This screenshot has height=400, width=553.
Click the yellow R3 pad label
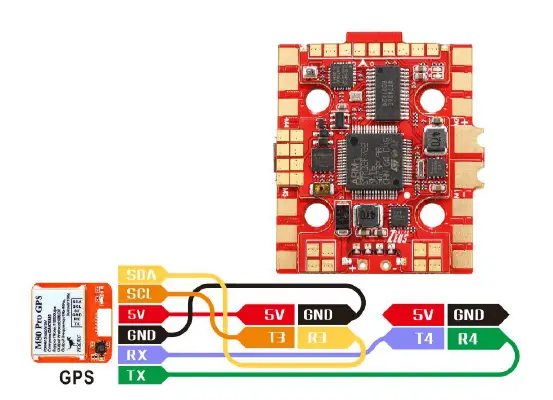[x=320, y=339]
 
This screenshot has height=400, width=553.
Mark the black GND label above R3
[x=320, y=315]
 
